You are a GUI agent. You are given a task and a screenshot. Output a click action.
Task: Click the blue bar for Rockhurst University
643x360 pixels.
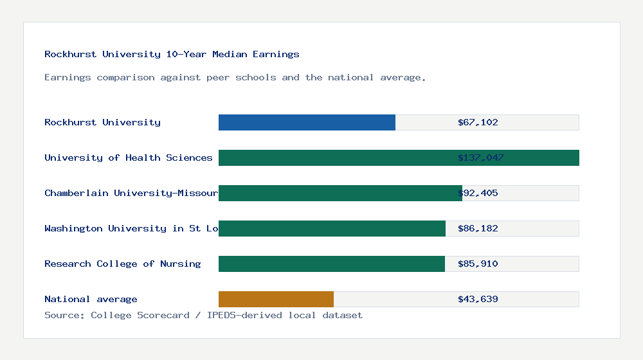pos(307,122)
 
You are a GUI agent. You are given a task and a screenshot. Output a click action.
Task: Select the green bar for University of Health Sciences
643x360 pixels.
pos(334,157)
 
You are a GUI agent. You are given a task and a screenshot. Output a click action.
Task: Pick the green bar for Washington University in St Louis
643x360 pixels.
pos(332,228)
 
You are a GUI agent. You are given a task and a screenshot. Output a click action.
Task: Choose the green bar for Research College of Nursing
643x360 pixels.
pos(332,264)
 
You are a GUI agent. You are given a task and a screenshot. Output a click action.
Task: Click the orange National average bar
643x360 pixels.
pos(276,299)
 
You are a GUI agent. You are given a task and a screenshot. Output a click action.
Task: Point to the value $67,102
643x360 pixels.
pos(478,122)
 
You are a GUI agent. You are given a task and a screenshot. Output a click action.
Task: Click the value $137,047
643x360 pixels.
pos(480,157)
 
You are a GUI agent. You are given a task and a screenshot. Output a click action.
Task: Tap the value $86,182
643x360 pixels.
pos(478,228)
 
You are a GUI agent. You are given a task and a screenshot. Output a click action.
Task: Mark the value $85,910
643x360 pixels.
pos(478,264)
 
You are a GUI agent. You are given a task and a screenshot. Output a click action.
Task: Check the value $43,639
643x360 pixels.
pos(478,299)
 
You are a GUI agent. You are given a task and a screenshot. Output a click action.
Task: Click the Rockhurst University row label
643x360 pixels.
pos(102,122)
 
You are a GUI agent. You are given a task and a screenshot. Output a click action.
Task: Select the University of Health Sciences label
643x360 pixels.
pos(128,157)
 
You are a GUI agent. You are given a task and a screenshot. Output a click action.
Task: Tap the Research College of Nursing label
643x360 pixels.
pos(122,264)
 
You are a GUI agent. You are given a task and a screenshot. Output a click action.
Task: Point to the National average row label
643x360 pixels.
pos(91,299)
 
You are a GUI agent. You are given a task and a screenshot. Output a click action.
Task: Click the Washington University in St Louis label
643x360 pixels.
pos(131,228)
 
